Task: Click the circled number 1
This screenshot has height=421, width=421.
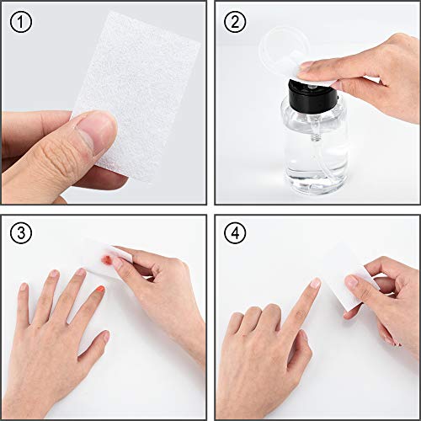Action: [21, 22]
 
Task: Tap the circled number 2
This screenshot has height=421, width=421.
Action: [235, 22]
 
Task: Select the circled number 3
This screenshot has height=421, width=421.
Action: [21, 232]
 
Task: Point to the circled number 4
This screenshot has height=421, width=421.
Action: [235, 232]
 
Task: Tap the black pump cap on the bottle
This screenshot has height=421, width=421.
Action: [313, 95]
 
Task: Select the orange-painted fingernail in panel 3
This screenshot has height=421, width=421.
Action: [99, 290]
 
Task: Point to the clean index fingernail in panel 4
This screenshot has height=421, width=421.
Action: [315, 283]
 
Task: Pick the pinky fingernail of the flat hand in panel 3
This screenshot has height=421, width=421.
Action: [24, 287]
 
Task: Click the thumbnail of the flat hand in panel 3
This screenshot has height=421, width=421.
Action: [106, 336]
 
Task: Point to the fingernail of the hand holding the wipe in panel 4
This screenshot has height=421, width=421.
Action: [352, 281]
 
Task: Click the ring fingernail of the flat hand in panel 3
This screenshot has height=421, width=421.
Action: [54, 274]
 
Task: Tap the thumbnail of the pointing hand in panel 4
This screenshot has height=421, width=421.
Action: [305, 336]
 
